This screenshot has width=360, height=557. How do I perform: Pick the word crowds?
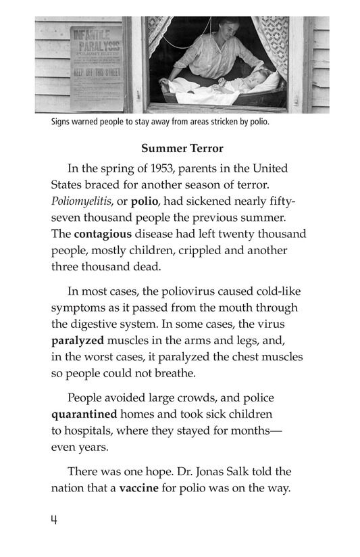click(198, 398)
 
